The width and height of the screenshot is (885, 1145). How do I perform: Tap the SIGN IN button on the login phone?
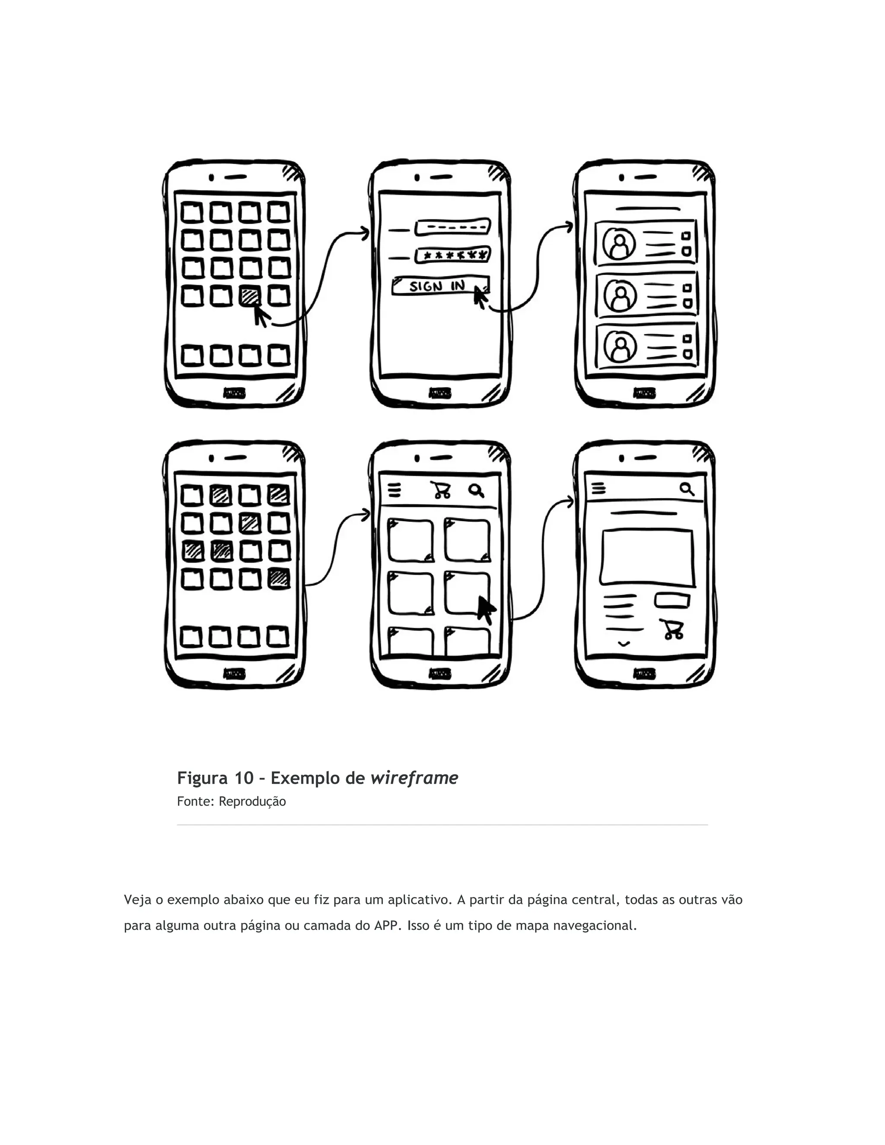(x=439, y=286)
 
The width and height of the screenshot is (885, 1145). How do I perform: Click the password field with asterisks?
(x=453, y=255)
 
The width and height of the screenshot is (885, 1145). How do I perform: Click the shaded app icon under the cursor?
(x=250, y=296)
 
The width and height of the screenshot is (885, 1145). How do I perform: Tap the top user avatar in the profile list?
(x=619, y=244)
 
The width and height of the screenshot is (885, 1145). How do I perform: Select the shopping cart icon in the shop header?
(x=441, y=490)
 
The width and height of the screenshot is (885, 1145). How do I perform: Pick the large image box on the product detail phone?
(x=647, y=557)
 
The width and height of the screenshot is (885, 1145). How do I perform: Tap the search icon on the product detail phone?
(x=687, y=489)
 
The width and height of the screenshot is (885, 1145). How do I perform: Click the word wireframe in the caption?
(x=414, y=778)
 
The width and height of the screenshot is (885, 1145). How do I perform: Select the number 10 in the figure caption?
(x=244, y=778)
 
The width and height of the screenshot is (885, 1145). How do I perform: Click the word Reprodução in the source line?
(x=252, y=801)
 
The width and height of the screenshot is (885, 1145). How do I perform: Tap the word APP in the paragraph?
(x=385, y=926)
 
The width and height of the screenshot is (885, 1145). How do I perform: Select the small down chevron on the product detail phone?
(x=624, y=644)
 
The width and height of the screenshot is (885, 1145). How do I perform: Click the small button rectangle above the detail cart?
(x=672, y=600)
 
